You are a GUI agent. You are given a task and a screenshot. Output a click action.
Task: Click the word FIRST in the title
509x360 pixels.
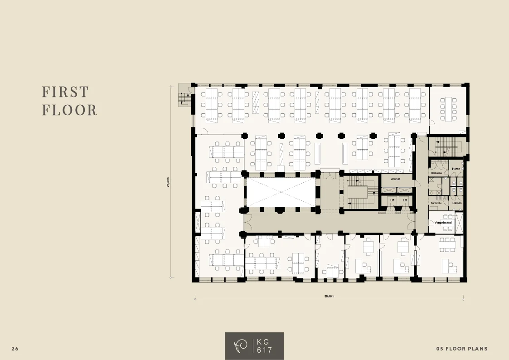65,92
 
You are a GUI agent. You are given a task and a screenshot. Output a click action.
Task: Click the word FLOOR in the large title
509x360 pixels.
69,110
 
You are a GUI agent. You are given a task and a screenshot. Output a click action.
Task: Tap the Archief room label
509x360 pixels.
395,179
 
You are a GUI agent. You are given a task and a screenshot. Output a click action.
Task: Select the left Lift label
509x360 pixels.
393,200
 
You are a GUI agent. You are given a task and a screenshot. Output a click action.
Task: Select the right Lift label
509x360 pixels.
405,200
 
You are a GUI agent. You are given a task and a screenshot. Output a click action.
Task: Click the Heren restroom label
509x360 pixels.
456,169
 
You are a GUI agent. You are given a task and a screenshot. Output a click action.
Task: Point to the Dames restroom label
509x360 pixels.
456,203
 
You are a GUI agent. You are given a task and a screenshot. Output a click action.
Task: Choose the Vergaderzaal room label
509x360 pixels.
443,223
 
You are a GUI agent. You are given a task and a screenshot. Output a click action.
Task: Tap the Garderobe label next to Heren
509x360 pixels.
436,173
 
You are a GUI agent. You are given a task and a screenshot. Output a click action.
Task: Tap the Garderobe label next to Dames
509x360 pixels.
436,203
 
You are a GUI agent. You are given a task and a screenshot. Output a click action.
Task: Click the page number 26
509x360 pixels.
15,349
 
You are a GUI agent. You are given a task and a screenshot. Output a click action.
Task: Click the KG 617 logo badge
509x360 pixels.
254,346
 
